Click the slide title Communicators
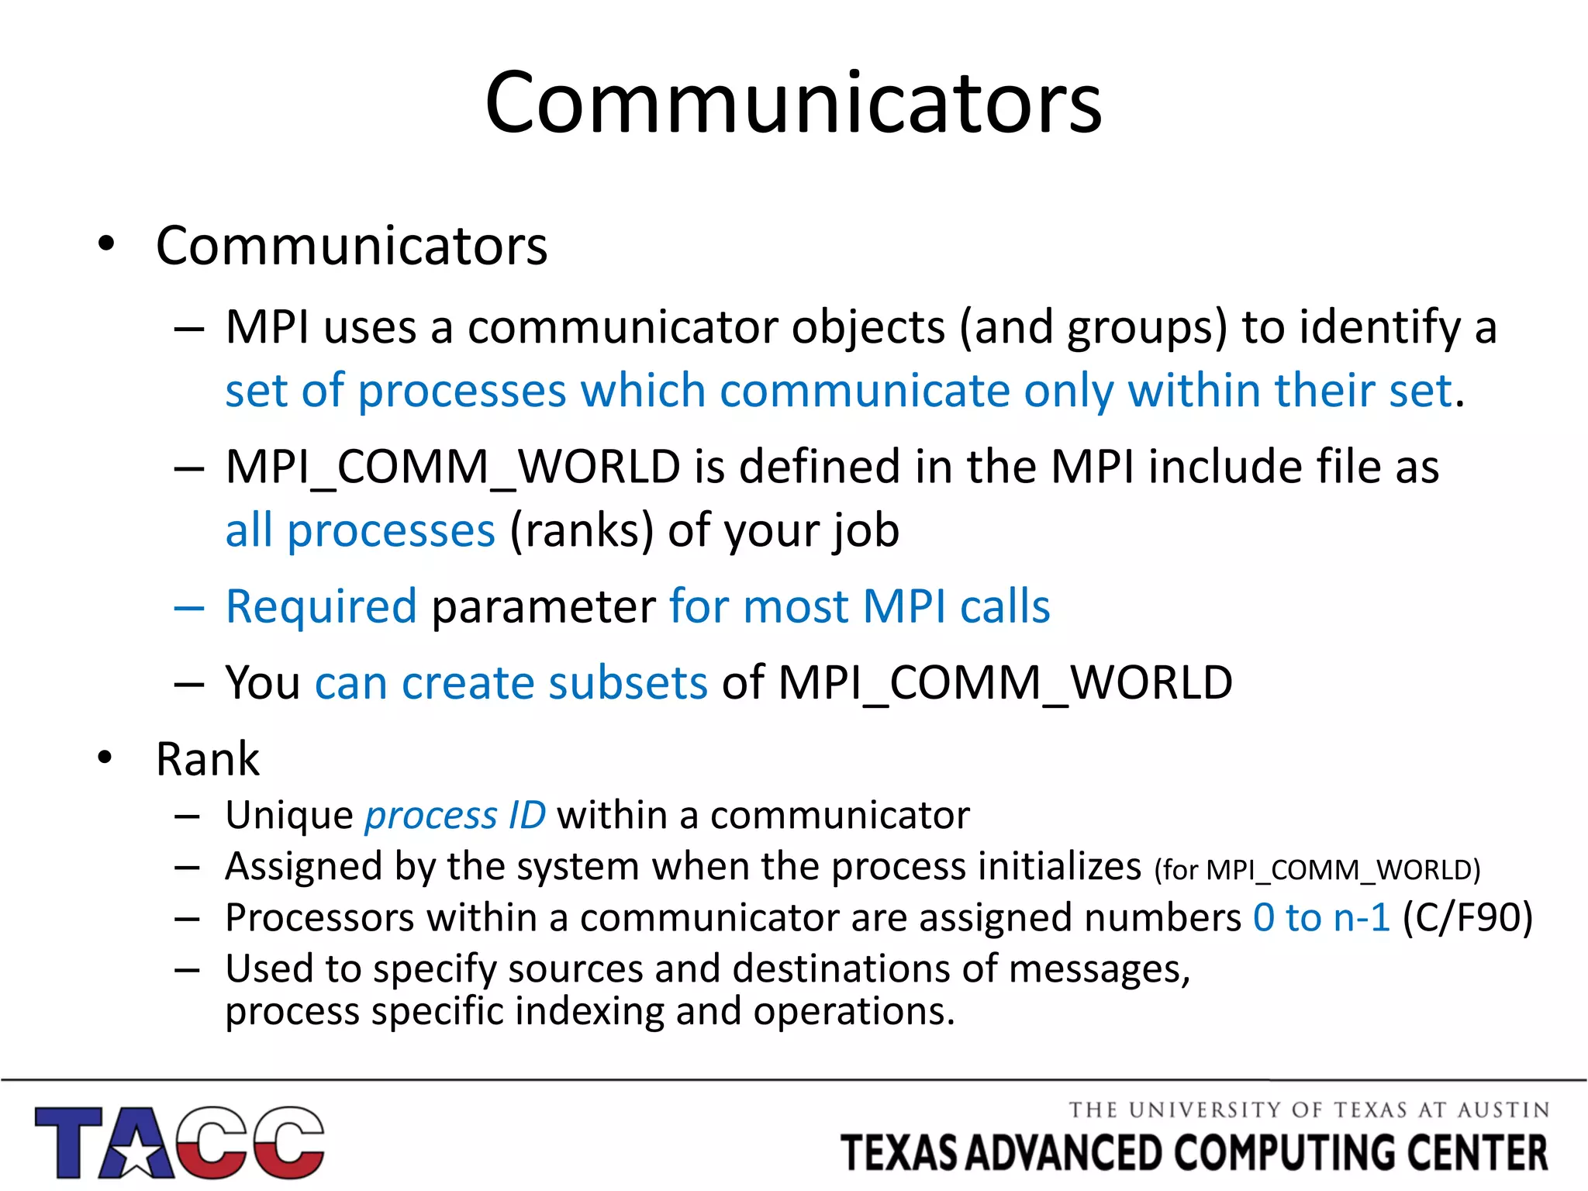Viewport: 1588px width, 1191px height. click(x=793, y=102)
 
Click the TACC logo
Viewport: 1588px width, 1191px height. click(x=179, y=1141)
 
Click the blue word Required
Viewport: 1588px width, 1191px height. click(x=321, y=606)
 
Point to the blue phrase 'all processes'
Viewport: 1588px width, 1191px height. click(x=360, y=530)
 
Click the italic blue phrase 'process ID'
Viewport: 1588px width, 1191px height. click(x=455, y=815)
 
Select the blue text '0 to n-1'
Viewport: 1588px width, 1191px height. click(x=1321, y=917)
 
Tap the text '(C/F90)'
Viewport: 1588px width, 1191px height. click(x=1467, y=917)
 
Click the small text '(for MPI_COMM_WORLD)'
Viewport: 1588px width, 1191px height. click(x=1317, y=870)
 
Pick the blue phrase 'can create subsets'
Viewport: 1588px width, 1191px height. click(x=511, y=682)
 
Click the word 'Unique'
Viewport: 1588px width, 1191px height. click(x=289, y=815)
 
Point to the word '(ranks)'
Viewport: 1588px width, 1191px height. click(x=582, y=530)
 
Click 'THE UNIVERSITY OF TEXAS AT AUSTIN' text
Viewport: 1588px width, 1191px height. click(x=1309, y=1110)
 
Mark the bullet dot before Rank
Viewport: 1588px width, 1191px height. click(x=105, y=758)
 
